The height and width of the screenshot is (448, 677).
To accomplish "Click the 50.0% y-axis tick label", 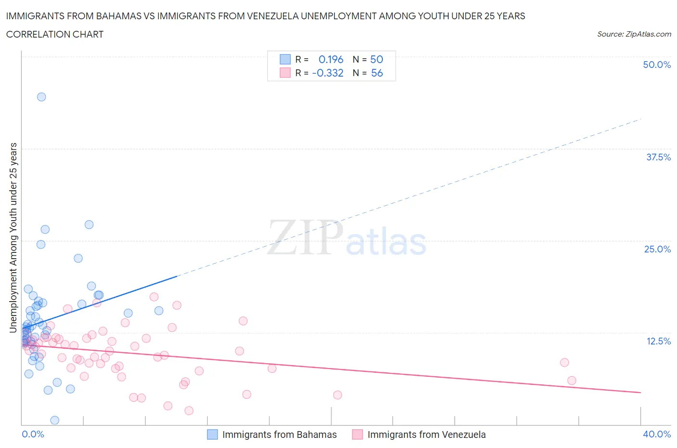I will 657,65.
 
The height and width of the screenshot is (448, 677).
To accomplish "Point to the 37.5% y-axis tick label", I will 658,157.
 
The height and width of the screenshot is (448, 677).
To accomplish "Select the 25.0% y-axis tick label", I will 657,249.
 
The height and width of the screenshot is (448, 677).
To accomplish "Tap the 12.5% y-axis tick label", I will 658,341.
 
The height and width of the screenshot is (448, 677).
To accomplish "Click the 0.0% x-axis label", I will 33,434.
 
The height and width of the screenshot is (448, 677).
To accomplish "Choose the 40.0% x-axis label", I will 657,434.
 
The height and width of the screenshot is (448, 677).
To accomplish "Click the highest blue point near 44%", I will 41,97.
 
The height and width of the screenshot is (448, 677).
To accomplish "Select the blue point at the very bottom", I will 55,420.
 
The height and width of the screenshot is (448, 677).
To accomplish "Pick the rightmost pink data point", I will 572,381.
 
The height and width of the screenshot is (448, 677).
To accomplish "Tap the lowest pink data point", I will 189,410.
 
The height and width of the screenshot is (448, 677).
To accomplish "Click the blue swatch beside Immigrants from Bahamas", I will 212,435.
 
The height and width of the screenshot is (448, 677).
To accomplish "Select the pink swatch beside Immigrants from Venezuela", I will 357,435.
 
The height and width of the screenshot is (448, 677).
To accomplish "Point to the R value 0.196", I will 331,59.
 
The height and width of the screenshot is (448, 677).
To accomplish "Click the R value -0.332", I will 327,73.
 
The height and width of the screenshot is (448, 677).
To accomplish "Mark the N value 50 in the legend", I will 377,59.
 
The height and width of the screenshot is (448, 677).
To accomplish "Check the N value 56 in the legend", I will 377,73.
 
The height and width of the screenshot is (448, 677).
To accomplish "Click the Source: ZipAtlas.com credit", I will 634,34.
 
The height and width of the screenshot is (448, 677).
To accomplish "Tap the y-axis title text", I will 13,237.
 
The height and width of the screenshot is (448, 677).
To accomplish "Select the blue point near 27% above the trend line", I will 89,224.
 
